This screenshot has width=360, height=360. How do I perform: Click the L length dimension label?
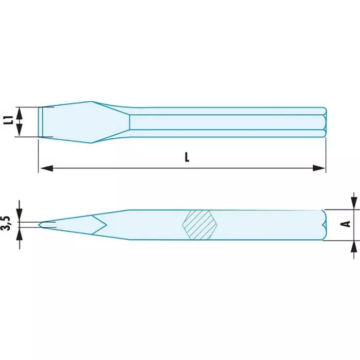click(x=187, y=157)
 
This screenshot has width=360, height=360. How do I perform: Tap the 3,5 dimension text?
click(x=6, y=223)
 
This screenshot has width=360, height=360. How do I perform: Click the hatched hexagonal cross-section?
click(x=200, y=225)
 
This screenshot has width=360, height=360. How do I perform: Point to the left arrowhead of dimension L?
click(x=47, y=168)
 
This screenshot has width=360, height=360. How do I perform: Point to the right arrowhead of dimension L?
click(x=319, y=168)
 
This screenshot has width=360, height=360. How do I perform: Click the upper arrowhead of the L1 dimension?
click(x=20, y=113)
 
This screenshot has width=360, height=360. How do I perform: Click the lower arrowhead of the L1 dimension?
click(x=20, y=131)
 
